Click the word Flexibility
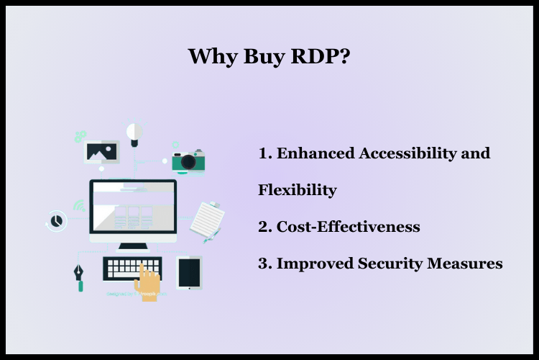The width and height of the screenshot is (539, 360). tap(297, 191)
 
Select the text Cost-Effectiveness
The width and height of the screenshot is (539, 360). tap(348, 228)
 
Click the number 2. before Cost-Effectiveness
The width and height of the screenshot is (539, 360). tap(264, 228)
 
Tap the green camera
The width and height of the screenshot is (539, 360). tap(188, 161)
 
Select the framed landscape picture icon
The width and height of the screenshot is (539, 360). tap(102, 151)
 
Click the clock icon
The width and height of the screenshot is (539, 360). tap(56, 220)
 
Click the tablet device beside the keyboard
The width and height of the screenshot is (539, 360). tap(189, 272)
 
